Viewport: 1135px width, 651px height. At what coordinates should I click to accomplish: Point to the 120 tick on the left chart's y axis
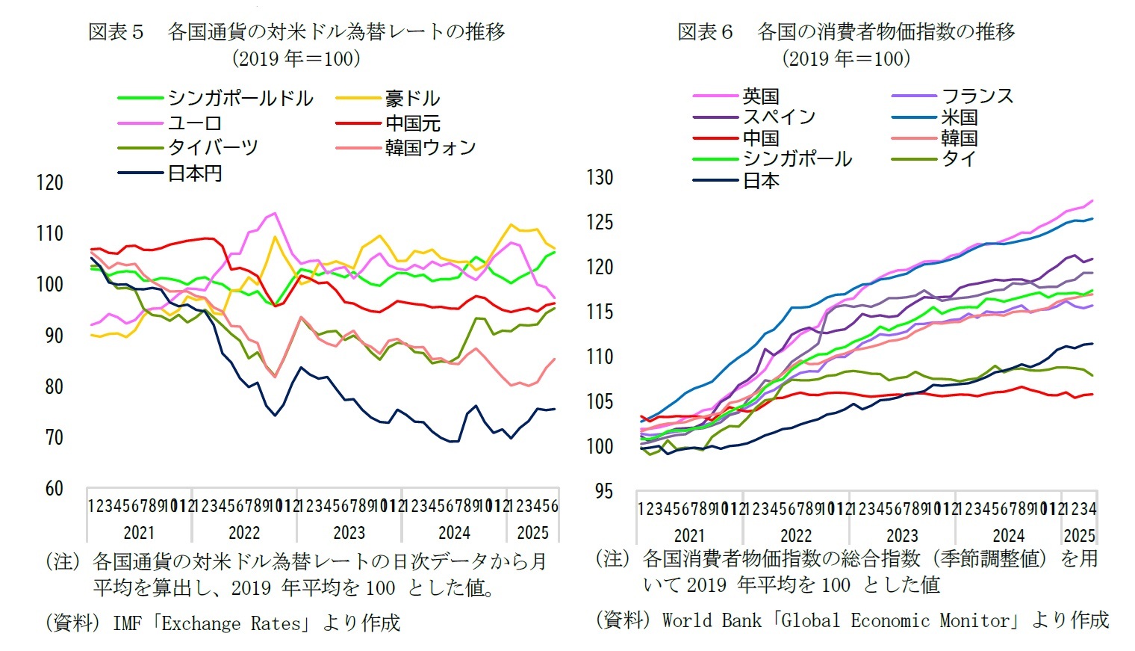(50, 182)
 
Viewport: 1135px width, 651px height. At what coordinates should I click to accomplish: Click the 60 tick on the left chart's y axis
(54, 488)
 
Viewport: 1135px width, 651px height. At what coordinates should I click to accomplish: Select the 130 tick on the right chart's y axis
(600, 177)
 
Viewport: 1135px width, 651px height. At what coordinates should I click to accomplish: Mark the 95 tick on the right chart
(603, 491)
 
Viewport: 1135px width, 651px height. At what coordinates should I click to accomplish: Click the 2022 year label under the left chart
(244, 533)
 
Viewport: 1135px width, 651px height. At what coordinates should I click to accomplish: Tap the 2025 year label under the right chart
(1079, 536)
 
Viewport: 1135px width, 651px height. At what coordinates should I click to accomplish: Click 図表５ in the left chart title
(116, 31)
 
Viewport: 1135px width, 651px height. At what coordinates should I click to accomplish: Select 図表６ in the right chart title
(705, 31)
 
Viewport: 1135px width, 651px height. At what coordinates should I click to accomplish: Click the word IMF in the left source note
(126, 623)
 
